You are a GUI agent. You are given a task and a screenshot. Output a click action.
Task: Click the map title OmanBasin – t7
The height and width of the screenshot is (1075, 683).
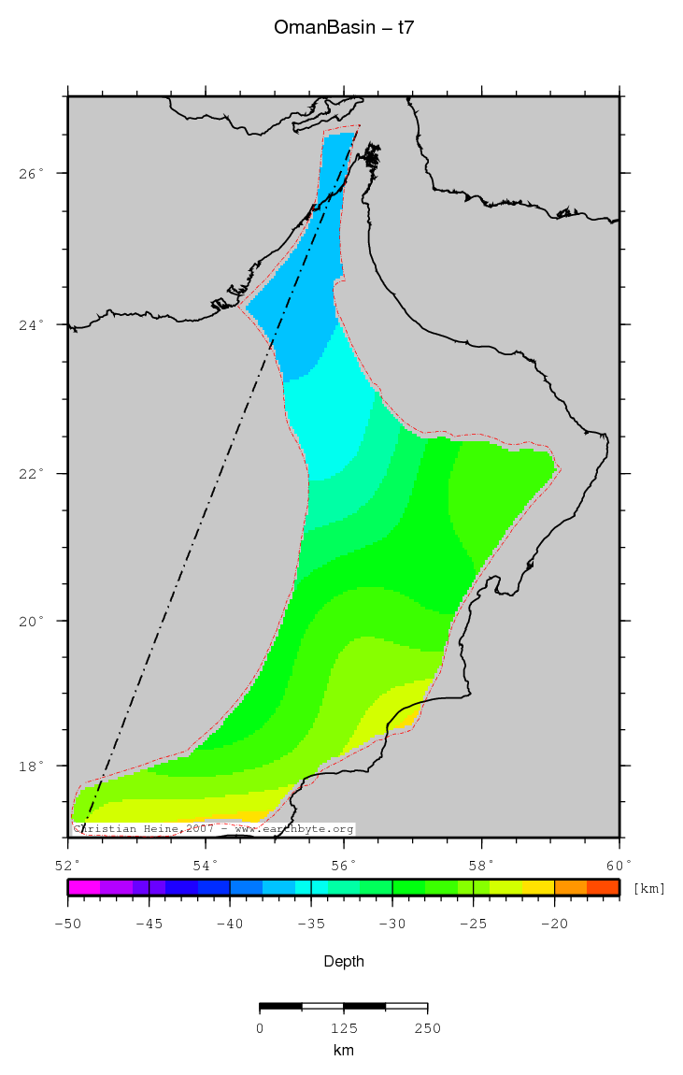pos(343,28)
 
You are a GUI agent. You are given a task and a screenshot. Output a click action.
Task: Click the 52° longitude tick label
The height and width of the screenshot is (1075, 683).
pos(68,865)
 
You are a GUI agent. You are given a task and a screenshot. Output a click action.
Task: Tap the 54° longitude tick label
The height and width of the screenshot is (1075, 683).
pos(206,865)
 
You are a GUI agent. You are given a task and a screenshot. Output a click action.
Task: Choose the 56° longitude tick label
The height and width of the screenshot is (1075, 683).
pos(344,865)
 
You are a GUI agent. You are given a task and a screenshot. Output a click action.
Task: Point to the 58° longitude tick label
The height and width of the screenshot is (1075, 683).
pos(481,865)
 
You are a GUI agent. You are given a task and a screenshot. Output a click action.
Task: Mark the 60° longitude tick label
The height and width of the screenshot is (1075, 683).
pos(619,865)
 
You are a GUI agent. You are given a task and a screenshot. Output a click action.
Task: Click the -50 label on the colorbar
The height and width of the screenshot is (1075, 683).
pos(67,924)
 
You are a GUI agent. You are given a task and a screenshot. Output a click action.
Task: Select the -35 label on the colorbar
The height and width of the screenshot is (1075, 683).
pos(310,924)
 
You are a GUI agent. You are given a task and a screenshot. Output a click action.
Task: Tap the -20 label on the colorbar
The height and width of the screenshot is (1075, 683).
pos(554,924)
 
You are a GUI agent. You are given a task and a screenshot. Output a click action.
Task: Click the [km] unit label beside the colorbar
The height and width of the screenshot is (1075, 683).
pos(649,888)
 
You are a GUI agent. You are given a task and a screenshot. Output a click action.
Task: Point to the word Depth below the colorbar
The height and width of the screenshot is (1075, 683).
pos(343,961)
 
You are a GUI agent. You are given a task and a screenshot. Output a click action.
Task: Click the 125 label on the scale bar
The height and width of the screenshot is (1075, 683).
pos(343,1028)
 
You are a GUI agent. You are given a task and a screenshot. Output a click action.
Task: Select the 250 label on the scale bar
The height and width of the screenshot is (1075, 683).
pos(427,1028)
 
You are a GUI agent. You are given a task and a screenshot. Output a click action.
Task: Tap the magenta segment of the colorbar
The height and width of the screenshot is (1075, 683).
pos(83,887)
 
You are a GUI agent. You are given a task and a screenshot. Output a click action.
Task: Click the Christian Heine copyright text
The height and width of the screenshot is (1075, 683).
pos(213,829)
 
